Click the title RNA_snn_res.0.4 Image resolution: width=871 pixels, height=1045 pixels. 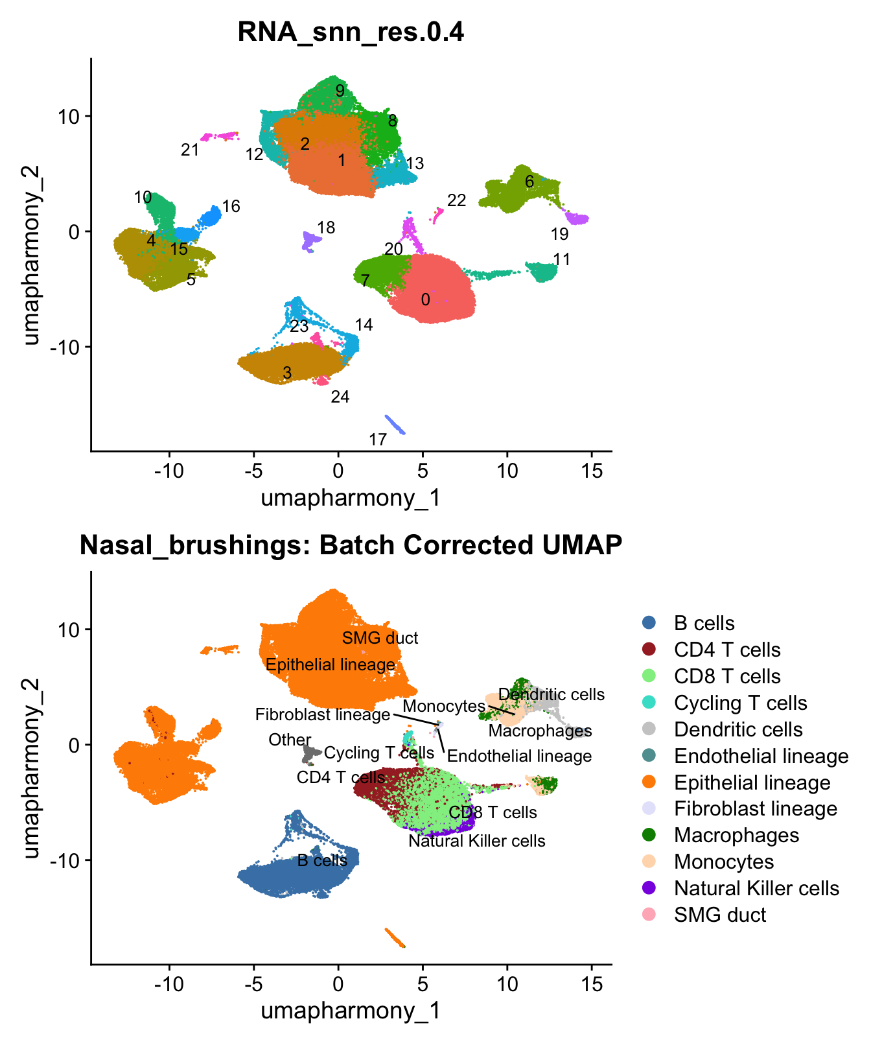pos(351,31)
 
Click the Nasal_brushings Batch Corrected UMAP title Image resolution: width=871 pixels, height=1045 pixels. pos(351,545)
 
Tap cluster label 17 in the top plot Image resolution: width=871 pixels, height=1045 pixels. pos(378,440)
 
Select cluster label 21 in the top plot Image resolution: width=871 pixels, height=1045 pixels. pos(190,150)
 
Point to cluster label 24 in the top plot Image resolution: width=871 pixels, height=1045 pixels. pos(340,397)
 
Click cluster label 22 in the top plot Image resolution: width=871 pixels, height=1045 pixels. pos(457,201)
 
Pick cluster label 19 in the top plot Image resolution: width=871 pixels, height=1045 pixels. pos(559,234)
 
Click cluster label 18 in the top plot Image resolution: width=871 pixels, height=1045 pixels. pos(326,228)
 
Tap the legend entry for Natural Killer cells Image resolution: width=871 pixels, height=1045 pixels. pos(756,888)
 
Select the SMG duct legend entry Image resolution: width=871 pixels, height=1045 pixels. pos(719,915)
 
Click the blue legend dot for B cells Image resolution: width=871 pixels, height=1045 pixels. pos(649,623)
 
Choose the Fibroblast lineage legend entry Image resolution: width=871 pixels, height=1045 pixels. pos(755,808)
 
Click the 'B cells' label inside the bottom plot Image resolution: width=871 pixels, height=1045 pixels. pos(322,860)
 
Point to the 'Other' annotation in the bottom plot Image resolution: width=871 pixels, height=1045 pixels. pos(290,740)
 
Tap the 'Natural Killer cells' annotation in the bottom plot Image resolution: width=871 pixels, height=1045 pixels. pos(477,841)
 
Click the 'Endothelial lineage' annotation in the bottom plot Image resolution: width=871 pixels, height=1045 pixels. pos(519,756)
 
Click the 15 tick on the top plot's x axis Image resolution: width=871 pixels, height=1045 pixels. pos(592,471)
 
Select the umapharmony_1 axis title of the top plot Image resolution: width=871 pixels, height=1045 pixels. pos(351,498)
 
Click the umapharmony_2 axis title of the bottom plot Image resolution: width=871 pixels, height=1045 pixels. pos(31,768)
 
